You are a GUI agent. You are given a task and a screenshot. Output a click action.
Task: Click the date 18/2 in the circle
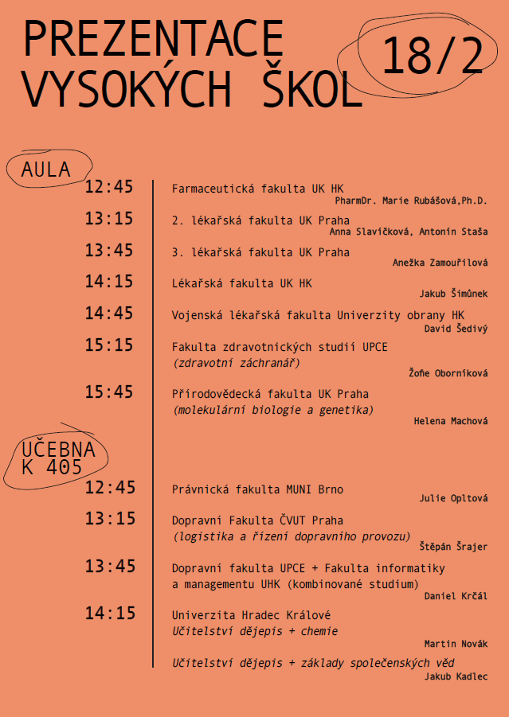click(433, 57)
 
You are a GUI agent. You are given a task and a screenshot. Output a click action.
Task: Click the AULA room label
click(46, 170)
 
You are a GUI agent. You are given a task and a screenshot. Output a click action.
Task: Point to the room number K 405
click(52, 468)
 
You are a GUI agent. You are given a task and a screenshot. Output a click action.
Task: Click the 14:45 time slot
click(109, 314)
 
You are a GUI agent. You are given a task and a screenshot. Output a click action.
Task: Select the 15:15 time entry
click(109, 345)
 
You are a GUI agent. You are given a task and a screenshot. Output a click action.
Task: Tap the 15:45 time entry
click(109, 392)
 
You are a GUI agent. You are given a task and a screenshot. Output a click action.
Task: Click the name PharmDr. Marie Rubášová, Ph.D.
click(411, 201)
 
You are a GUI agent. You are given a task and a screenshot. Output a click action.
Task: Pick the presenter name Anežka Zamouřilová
click(440, 263)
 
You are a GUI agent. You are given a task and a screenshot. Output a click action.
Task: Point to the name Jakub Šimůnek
click(453, 294)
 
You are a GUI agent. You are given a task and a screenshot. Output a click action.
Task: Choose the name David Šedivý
click(456, 327)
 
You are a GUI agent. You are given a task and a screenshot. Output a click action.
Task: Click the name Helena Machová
click(450, 420)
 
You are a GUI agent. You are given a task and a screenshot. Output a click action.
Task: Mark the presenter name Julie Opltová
click(453, 499)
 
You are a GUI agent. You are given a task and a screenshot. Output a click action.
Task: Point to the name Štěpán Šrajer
click(453, 547)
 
